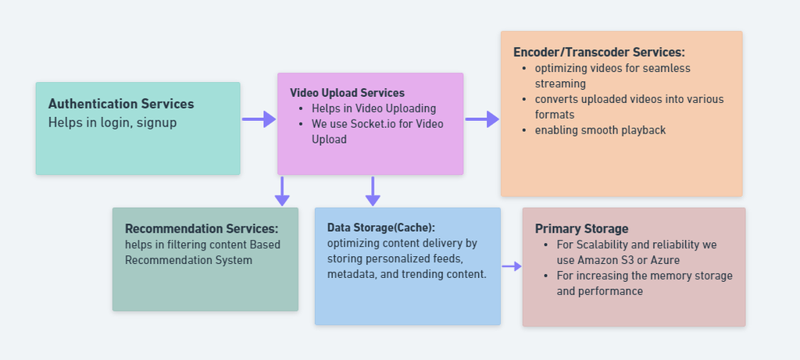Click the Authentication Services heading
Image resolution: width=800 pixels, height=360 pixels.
pos(121,104)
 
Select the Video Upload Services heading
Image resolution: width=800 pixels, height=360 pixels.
pos(347,93)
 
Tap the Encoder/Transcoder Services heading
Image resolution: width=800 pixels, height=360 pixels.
pos(598,52)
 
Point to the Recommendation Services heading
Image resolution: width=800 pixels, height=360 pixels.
pos(202,229)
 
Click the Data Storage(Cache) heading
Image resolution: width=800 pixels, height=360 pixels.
pos(381,227)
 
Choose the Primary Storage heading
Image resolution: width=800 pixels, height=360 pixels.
pos(581,229)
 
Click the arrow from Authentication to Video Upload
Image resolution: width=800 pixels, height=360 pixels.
pos(259,119)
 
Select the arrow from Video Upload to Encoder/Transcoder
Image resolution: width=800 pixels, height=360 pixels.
pos(482,119)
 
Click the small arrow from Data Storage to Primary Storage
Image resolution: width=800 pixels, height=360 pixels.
pos(512,266)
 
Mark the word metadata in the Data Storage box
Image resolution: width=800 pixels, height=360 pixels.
pos(352,275)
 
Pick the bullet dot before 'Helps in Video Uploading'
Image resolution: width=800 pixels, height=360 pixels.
pos(301,109)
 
